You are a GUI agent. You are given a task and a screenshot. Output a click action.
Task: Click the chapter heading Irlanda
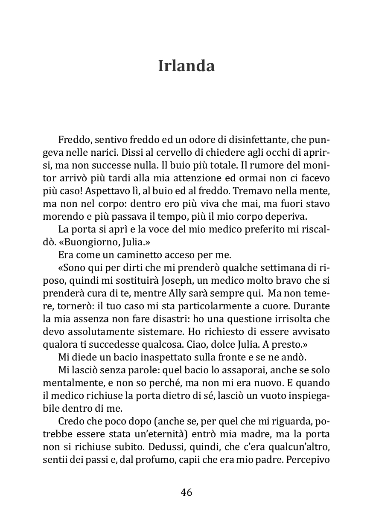click(x=186, y=66)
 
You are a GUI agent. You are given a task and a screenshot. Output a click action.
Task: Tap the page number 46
click(x=186, y=492)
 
